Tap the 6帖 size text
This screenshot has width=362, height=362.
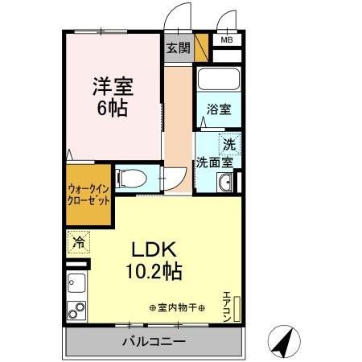coord(113,108)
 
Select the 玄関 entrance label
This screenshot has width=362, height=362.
coord(178,47)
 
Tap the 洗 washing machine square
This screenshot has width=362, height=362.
coord(229,145)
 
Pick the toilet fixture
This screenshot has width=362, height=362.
coord(129,178)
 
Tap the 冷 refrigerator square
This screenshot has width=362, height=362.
coord(79,241)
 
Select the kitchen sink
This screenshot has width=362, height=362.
coord(77,284)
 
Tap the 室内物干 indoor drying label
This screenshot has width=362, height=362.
coord(177,308)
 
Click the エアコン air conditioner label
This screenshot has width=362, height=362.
coord(228,303)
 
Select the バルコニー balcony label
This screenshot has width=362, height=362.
coord(154,342)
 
